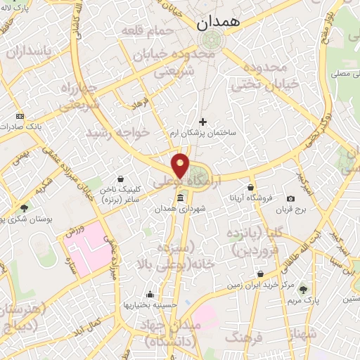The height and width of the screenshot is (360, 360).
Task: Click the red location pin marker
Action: [x=181, y=165]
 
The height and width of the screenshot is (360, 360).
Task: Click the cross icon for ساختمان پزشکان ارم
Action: [x=203, y=122]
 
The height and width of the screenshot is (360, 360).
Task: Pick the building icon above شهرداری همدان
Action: [x=174, y=199]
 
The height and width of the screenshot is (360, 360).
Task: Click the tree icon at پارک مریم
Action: [x=303, y=289]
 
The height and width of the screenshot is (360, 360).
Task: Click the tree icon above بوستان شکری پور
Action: [x=25, y=208]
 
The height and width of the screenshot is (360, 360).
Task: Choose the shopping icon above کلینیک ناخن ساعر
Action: [x=122, y=179]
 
